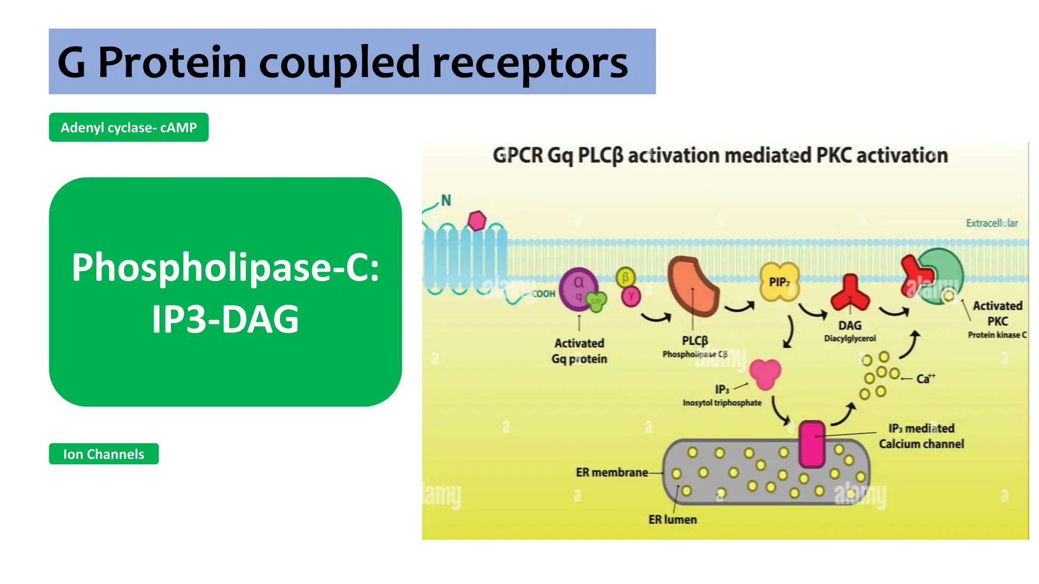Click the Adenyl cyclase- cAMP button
coord(128,127)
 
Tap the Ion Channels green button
coord(103,454)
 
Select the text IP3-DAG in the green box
coord(225,319)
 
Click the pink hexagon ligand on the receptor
coord(477,221)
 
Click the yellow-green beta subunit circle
coord(626,277)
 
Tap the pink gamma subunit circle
coord(631,296)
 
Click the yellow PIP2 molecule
coord(779,282)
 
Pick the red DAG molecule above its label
coord(850,294)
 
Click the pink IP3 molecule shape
coord(765,374)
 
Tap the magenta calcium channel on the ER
coord(812,444)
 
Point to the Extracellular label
coord(991,223)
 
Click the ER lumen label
coord(672,520)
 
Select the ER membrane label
coord(611,472)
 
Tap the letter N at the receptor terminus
coord(446,201)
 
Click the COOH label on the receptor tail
coord(543,294)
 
